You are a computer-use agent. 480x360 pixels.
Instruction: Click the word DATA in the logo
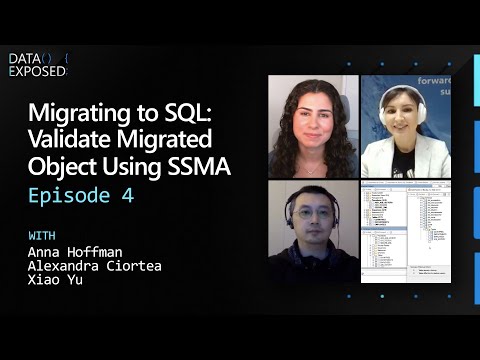coord(24,59)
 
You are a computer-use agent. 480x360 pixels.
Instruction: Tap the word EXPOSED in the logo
coord(37,71)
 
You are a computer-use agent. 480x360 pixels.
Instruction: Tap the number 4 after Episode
coord(127,196)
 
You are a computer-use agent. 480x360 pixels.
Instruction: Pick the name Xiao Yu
coord(55,281)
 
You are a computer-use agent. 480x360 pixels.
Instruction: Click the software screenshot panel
coord(405,230)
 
